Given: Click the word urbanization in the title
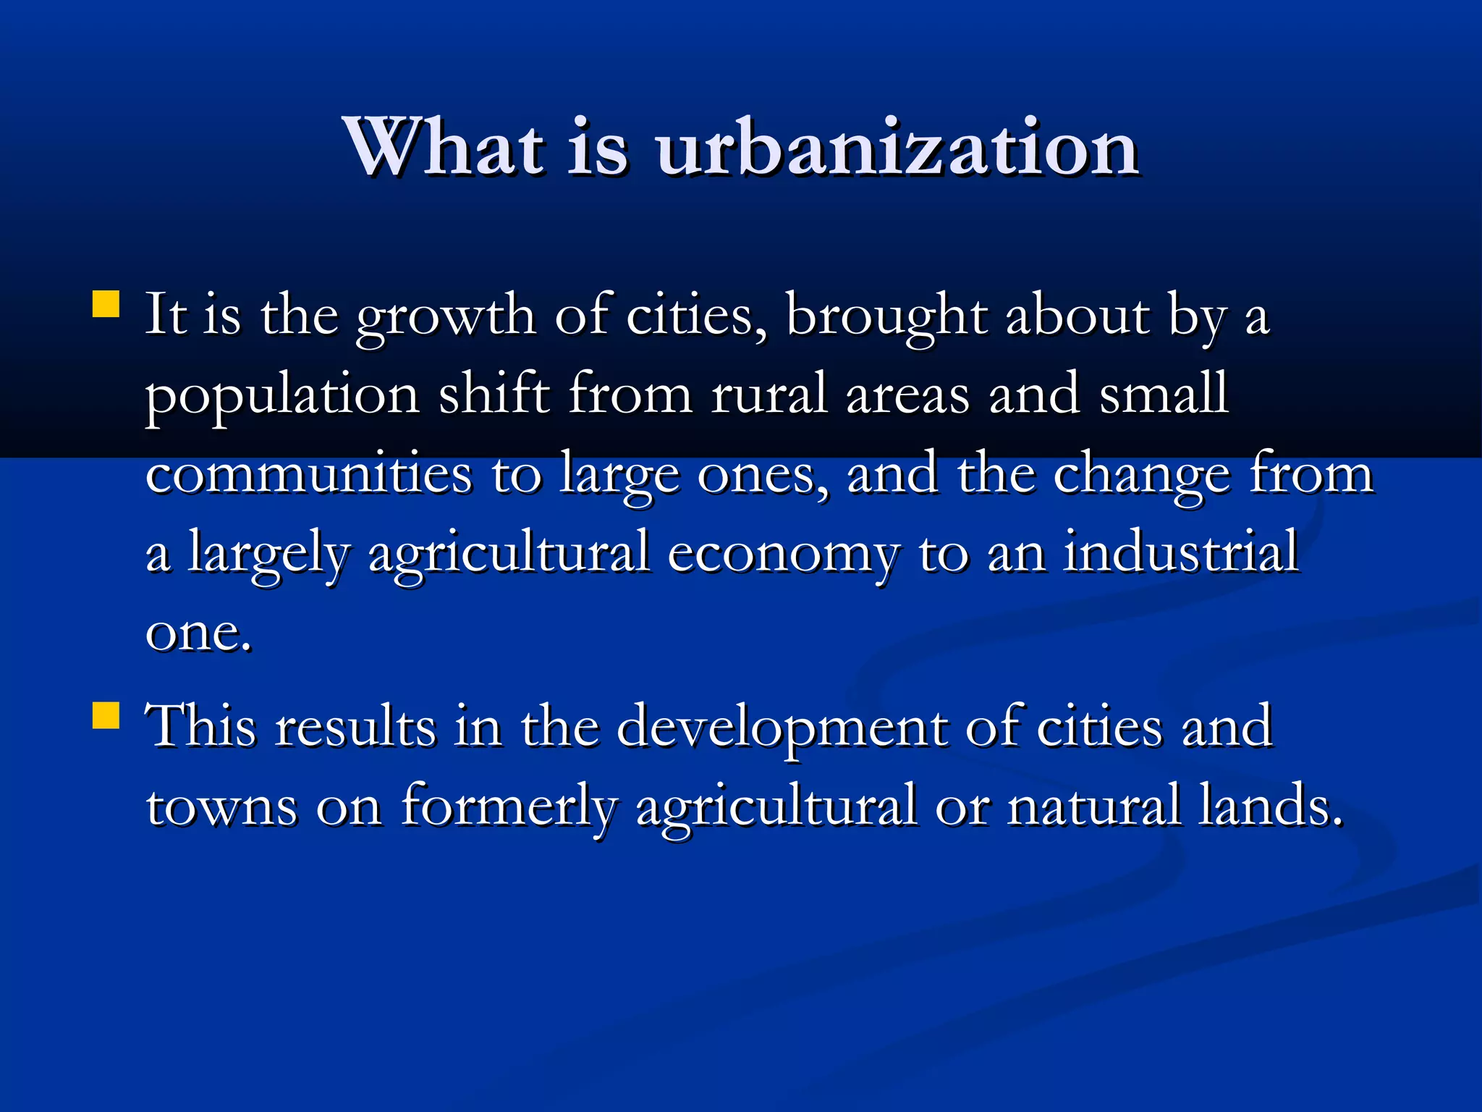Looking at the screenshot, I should tap(897, 148).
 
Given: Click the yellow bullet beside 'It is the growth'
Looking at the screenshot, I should tap(106, 305).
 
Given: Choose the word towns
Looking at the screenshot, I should tap(221, 807).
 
